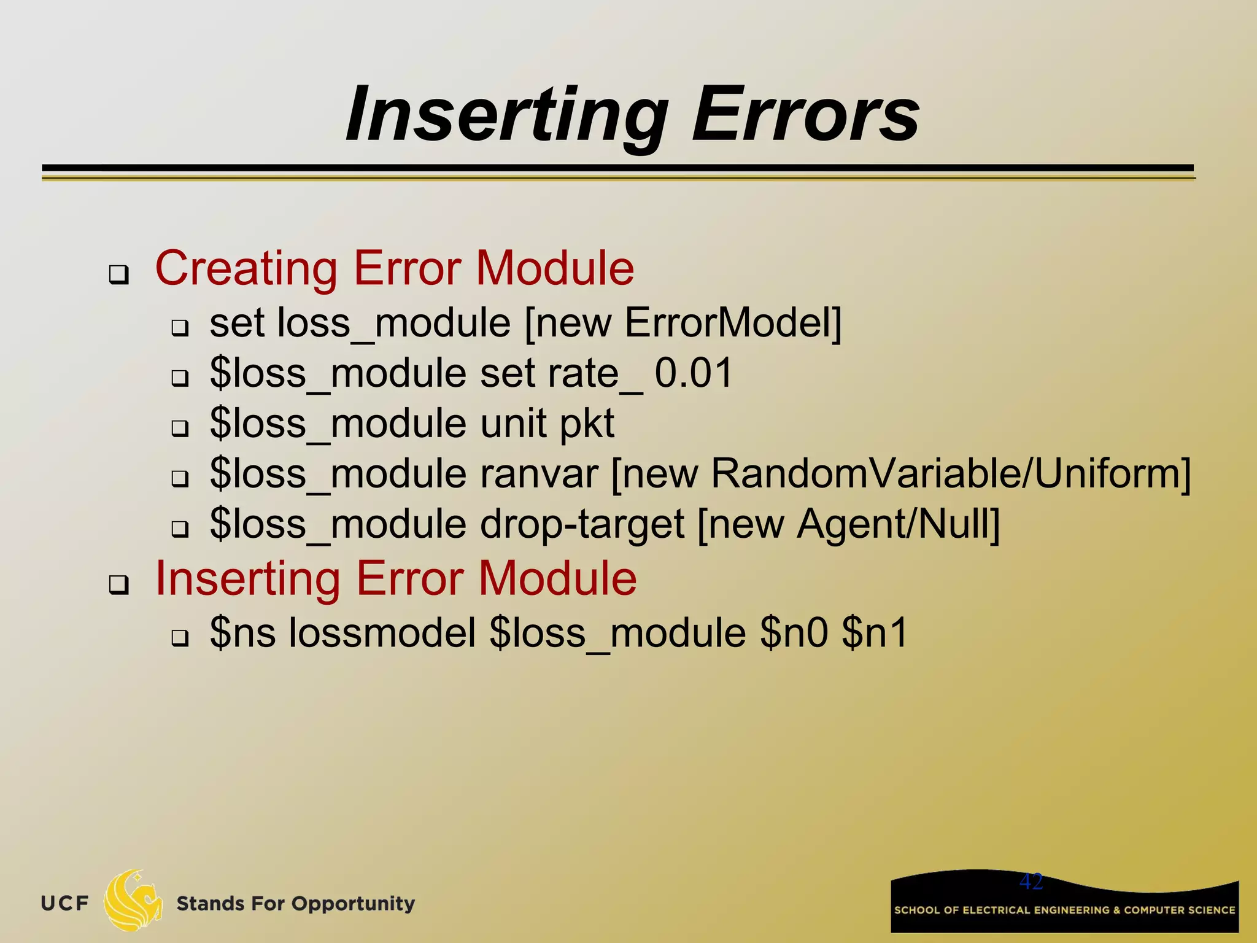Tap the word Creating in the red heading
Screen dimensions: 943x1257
click(x=246, y=269)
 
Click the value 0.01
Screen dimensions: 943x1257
click(x=694, y=373)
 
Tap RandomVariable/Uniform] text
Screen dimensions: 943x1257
click(x=950, y=474)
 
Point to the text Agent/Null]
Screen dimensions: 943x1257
click(x=898, y=525)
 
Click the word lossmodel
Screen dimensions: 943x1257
click(x=382, y=634)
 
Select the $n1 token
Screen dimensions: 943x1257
click(x=875, y=634)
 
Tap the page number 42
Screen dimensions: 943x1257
click(x=1031, y=882)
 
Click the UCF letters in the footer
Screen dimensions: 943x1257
click(x=65, y=904)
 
